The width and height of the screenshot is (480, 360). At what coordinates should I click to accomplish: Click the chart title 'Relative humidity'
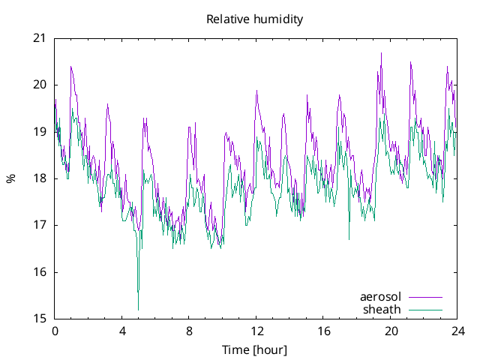click(x=255, y=19)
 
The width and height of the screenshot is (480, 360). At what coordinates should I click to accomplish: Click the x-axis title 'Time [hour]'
click(x=255, y=349)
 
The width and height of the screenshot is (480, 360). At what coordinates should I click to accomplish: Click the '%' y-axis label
click(x=10, y=178)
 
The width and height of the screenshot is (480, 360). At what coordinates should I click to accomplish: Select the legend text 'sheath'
click(x=382, y=309)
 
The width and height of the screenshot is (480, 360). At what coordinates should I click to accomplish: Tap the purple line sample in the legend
click(x=424, y=297)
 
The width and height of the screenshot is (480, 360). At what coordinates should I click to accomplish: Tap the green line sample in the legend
click(x=424, y=309)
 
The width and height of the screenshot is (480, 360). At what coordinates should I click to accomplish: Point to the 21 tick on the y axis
click(x=40, y=38)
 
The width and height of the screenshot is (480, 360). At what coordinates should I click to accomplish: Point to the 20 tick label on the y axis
click(x=40, y=85)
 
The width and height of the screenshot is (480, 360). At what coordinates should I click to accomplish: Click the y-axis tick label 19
click(x=40, y=132)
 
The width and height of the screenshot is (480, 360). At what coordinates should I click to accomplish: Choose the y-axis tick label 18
click(x=40, y=178)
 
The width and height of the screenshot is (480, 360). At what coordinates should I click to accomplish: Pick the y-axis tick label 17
click(x=40, y=225)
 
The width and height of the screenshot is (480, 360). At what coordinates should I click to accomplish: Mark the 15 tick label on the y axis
click(x=40, y=319)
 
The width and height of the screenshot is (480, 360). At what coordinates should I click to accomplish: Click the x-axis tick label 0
click(x=55, y=331)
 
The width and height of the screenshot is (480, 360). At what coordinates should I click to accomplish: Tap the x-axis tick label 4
click(x=122, y=331)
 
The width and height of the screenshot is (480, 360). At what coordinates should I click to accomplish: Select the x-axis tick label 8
click(x=189, y=331)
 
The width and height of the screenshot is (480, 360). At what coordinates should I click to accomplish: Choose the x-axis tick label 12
click(x=256, y=331)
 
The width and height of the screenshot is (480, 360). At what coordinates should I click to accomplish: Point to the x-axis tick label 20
click(x=391, y=331)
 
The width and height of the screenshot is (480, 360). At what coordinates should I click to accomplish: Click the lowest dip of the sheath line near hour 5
click(x=138, y=309)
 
